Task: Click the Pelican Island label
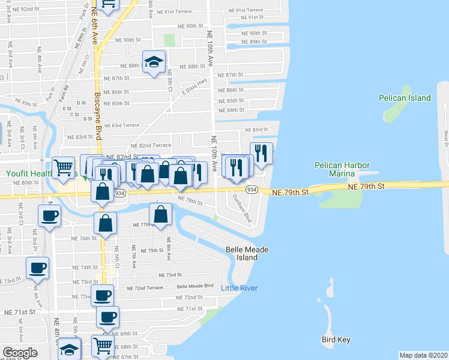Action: pos(405,98)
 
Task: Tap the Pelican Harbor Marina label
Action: pos(342,169)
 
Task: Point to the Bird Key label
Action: pos(336,340)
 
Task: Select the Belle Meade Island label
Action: pos(242,253)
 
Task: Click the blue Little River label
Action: pos(240,289)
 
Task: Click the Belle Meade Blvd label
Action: pos(195,286)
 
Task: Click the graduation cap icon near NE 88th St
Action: pos(154,61)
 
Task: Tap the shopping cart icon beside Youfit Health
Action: pos(63,167)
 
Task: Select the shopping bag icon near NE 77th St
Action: pos(160,214)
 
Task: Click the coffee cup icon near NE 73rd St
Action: pos(38,267)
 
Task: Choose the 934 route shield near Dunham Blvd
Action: pos(252,190)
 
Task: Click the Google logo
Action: pos(20,353)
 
